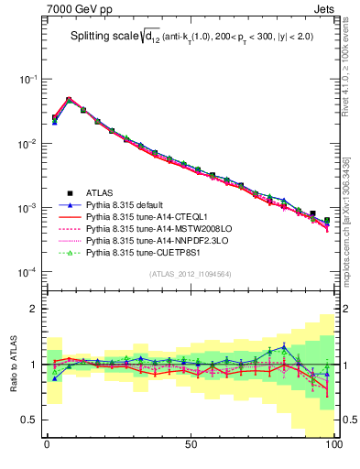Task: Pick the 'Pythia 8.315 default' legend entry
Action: click(129, 207)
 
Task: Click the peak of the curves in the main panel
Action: click(69, 100)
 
